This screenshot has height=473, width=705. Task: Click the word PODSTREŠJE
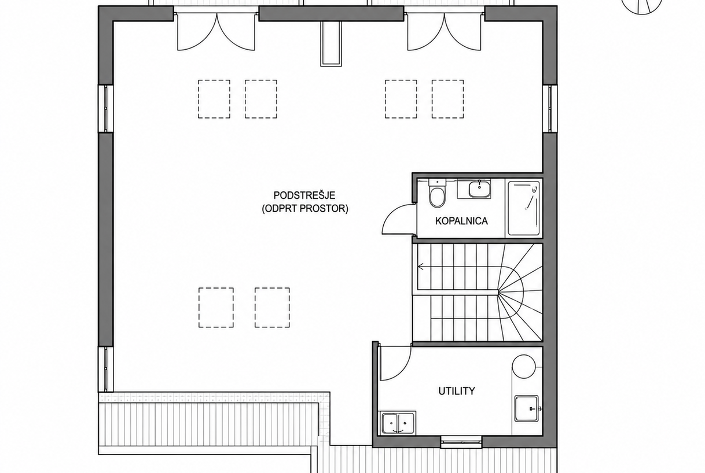click(x=304, y=195)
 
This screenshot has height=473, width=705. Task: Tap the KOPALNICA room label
click(x=461, y=221)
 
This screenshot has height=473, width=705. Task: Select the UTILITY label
click(x=457, y=391)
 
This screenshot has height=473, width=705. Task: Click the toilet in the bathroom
click(x=437, y=194)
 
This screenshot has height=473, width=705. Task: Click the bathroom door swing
click(x=398, y=219)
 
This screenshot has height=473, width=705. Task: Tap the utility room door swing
click(x=395, y=363)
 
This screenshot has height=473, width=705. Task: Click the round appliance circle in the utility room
click(x=524, y=367)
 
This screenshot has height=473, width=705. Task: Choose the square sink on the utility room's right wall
click(x=526, y=409)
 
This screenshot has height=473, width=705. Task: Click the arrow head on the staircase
click(x=420, y=267)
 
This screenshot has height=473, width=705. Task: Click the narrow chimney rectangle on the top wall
click(x=331, y=44)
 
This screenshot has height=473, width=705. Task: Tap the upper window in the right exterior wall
click(x=550, y=109)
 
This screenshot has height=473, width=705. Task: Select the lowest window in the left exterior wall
click(x=106, y=369)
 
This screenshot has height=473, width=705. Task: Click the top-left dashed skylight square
click(x=214, y=99)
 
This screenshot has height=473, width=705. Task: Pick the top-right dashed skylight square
click(x=447, y=99)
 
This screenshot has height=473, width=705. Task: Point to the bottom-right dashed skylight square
click(x=272, y=307)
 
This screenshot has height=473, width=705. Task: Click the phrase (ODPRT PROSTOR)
click(x=305, y=209)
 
